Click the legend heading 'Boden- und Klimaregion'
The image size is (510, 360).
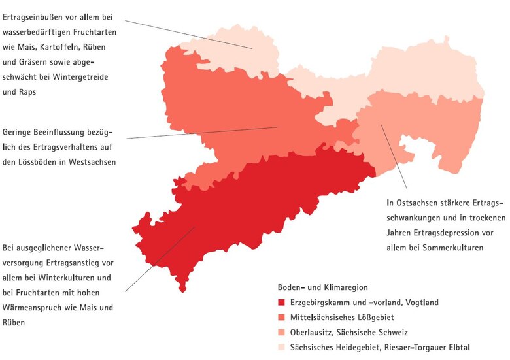(x=322, y=287)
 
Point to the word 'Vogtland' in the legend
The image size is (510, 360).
(x=421, y=303)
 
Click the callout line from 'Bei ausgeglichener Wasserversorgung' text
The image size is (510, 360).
(x=160, y=259)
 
